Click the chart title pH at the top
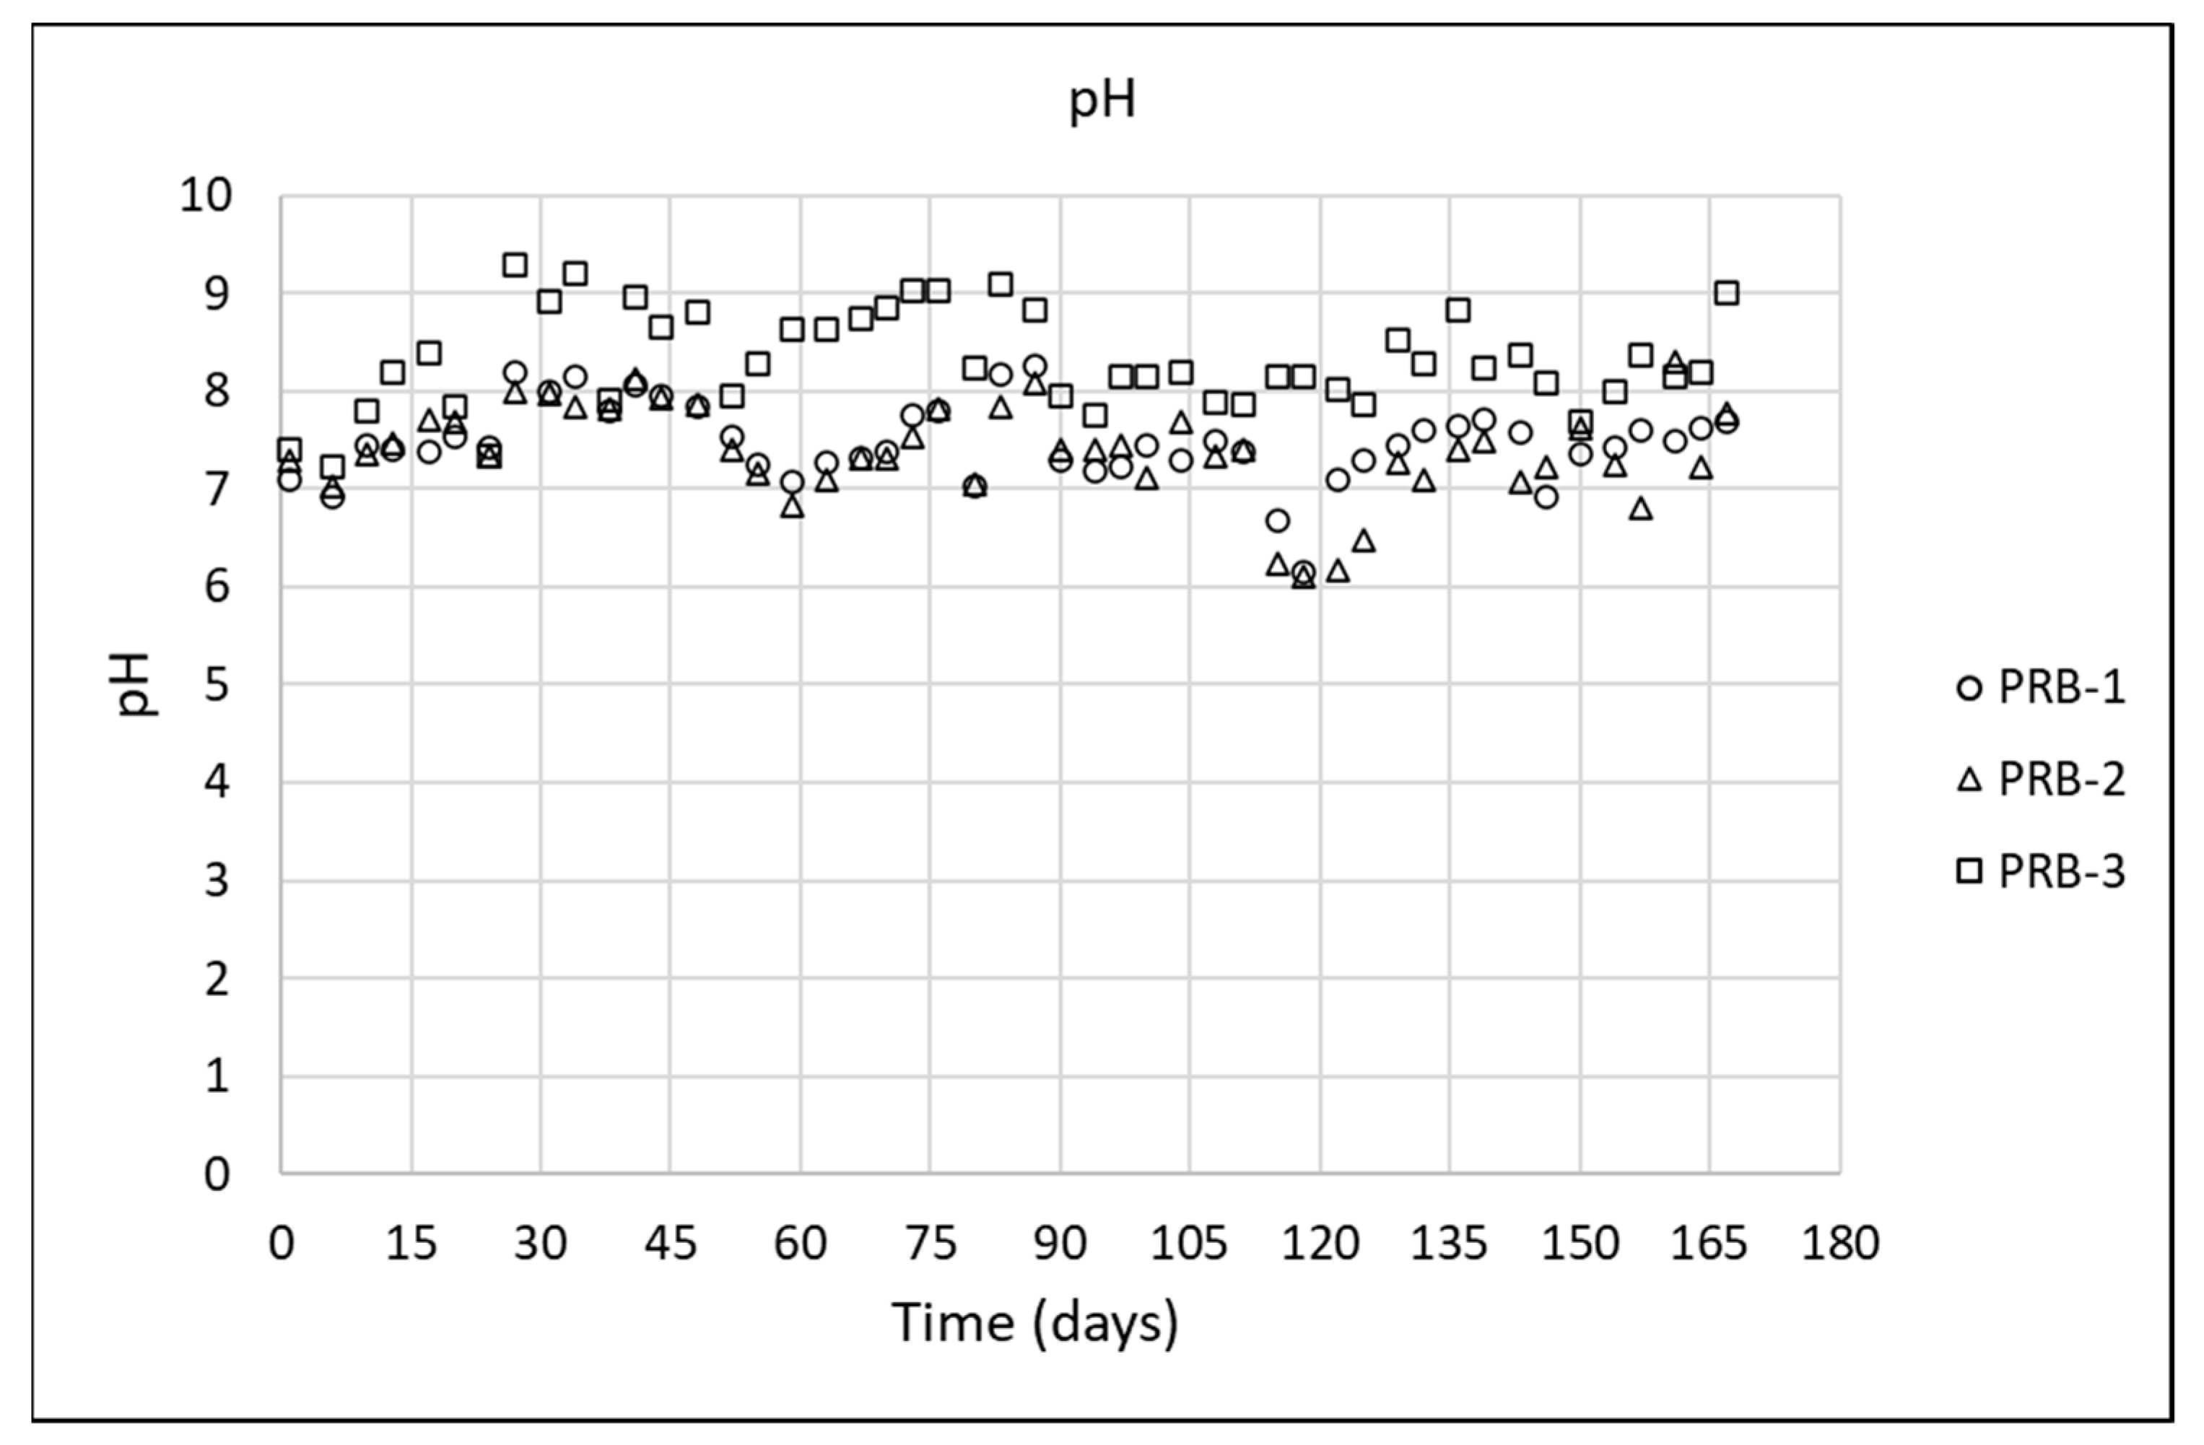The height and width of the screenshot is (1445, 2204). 1101,100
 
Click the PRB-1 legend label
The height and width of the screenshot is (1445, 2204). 2061,687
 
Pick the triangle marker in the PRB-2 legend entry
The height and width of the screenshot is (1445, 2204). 1969,780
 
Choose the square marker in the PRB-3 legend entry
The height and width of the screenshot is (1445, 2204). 1969,871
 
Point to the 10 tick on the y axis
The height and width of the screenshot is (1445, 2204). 206,196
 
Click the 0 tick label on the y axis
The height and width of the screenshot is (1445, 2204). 217,1174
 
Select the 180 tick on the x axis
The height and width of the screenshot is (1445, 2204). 1840,1243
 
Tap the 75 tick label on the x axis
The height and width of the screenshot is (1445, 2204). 930,1243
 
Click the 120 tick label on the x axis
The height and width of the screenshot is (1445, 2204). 1320,1243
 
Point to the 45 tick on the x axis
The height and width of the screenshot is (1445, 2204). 669,1243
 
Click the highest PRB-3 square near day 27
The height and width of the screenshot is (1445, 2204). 515,265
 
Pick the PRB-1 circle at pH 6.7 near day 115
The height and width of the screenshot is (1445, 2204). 1277,520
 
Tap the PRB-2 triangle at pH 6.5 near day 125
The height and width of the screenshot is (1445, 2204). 1363,541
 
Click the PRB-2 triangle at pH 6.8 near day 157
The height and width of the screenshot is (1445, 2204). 1640,508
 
